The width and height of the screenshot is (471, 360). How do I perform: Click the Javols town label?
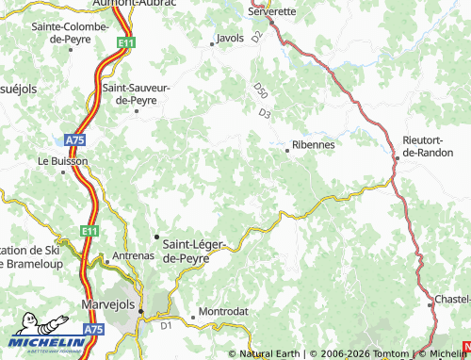[230, 39]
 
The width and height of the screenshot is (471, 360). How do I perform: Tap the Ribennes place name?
[314, 145]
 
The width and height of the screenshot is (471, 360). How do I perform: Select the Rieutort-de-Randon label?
[428, 145]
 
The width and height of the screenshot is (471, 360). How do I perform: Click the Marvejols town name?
[105, 306]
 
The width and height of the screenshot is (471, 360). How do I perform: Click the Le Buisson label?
[62, 161]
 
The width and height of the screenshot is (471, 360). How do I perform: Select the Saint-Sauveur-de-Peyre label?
[136, 92]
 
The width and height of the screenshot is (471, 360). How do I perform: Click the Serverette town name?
[270, 10]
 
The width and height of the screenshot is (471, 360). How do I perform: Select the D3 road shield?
[265, 114]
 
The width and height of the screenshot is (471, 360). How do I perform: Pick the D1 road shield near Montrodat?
[166, 325]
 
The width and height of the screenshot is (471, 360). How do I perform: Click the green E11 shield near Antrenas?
[89, 231]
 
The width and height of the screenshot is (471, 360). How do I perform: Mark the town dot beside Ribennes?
[287, 149]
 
